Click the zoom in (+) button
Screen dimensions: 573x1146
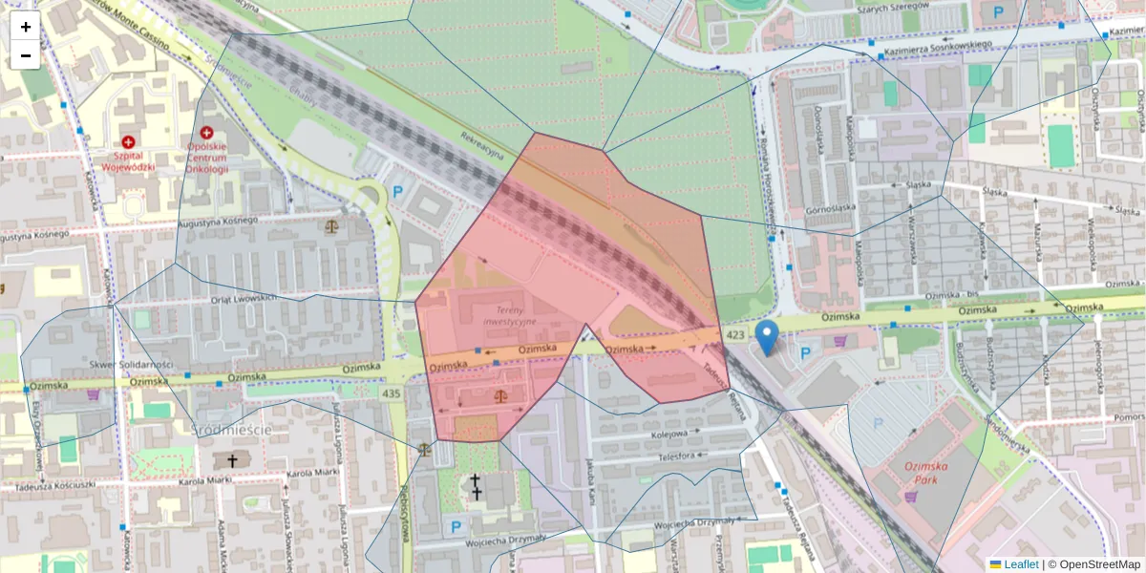tap(26, 27)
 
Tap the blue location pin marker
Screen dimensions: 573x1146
tap(766, 337)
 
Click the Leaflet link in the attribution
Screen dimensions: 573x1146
tap(1021, 564)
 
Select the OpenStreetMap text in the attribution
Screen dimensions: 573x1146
tap(1099, 564)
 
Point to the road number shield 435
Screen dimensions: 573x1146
tap(392, 393)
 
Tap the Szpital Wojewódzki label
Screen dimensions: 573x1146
tap(128, 160)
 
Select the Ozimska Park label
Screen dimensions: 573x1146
tap(923, 471)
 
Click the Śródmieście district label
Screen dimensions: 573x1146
tap(232, 430)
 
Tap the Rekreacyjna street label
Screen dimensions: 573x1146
tap(483, 152)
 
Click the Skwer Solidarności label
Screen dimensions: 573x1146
tap(131, 365)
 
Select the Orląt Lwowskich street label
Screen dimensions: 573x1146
tap(243, 299)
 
